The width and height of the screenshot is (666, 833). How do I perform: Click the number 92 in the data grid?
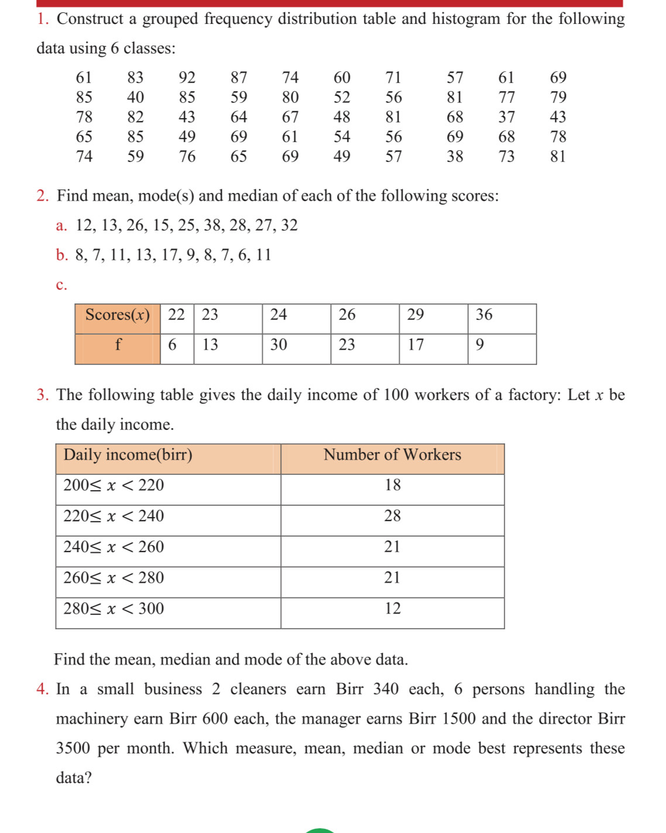187,78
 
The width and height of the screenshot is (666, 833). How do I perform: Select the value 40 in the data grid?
135,97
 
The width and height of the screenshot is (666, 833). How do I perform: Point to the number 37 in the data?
506,117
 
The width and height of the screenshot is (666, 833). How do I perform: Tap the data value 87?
239,78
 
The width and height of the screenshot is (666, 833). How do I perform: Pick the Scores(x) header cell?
118,315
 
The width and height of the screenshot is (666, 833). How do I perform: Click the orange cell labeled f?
118,345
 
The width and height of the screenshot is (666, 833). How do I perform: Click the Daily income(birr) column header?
128,455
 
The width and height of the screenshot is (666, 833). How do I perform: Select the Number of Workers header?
392,455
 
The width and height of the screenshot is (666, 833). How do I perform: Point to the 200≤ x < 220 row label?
114,486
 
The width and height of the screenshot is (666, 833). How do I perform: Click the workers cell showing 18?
393,486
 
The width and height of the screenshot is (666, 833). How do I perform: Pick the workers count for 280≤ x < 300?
393,609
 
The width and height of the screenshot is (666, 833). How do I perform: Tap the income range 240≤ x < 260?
114,548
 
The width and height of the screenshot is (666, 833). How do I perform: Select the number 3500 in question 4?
73,749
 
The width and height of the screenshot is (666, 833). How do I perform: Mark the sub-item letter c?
61,285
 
